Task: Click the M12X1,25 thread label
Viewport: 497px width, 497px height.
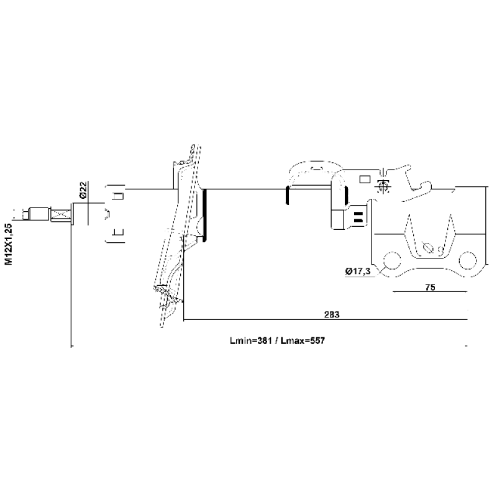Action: (9, 244)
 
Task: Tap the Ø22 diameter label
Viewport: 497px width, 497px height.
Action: (83, 190)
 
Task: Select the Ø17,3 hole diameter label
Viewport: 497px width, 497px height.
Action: (358, 271)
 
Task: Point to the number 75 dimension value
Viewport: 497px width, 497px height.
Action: (430, 287)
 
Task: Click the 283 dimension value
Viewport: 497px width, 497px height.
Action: (332, 314)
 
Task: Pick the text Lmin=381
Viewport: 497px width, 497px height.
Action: (251, 340)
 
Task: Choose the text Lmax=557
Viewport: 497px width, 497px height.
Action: (303, 340)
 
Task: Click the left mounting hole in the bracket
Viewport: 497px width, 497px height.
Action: (393, 260)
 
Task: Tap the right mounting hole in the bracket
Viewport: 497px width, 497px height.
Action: (468, 260)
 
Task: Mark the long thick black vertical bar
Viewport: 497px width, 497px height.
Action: (204, 216)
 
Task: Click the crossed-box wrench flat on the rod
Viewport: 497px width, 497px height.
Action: (60, 215)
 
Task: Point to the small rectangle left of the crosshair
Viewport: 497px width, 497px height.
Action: (365, 180)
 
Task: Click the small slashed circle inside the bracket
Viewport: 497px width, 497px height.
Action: (427, 247)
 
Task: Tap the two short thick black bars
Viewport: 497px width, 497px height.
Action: (358, 216)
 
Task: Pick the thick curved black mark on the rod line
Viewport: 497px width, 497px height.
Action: (287, 195)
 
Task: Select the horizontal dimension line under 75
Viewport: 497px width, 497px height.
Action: (430, 291)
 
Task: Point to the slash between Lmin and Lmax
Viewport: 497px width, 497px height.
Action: (276, 340)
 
